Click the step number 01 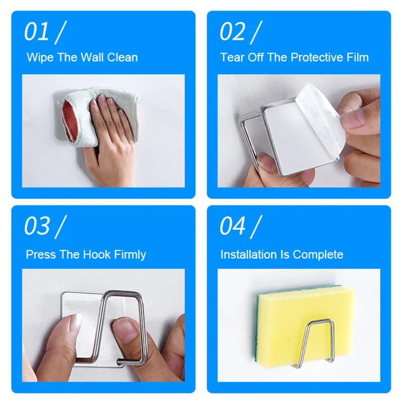36,32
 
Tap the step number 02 232,32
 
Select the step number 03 37,226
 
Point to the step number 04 232,226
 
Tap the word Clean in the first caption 122,57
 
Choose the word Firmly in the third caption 130,255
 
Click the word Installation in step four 248,255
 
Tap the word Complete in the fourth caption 318,255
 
